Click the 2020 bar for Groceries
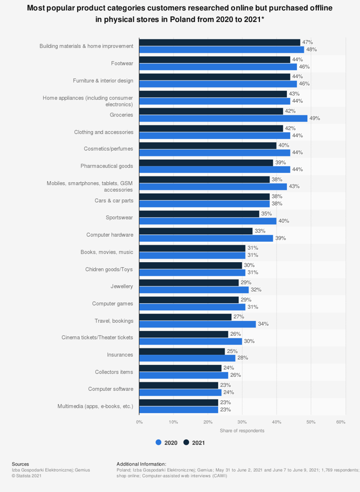coord(223,118)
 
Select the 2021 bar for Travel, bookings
coord(185,317)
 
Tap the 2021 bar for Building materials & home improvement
coord(219,43)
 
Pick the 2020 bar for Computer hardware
coord(206,238)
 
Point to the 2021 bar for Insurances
coord(181,351)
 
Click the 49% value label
coord(314,118)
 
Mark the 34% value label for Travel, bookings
coord(263,324)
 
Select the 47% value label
coord(307,43)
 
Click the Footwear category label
coord(122,63)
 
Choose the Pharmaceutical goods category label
coord(106,166)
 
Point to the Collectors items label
coord(114,372)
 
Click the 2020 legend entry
coord(166,442)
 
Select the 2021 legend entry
coord(194,442)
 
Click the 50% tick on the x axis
coord(311,422)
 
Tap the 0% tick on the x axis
coord(139,422)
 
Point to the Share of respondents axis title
coord(242,430)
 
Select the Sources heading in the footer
coord(20,464)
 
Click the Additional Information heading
coord(141,464)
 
